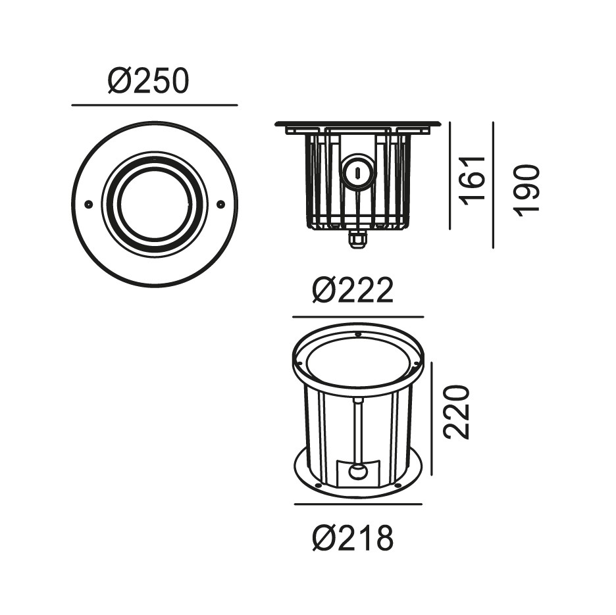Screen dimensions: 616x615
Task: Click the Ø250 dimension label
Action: tap(149, 82)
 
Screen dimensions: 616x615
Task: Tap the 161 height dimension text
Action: tap(473, 181)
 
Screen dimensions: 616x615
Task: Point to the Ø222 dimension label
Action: tap(353, 290)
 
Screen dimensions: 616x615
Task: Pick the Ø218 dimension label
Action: tap(353, 539)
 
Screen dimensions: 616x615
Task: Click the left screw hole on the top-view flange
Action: tap(89, 204)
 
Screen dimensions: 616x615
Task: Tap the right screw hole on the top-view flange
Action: tap(220, 203)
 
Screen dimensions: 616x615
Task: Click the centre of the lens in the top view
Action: tap(155, 204)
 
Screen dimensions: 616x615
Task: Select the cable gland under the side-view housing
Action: tap(357, 239)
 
